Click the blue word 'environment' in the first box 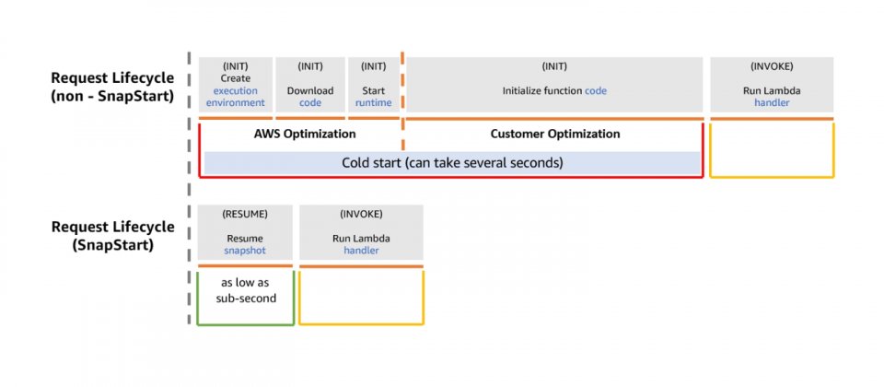(235, 102)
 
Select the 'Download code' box (310, 85)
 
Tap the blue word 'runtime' (373, 102)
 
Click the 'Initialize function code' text (554, 90)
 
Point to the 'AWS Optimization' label (305, 134)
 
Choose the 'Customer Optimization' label (555, 134)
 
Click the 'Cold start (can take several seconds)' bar (452, 163)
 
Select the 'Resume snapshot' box (245, 232)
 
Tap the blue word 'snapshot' (245, 251)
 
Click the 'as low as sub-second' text (246, 290)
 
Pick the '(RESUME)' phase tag (245, 215)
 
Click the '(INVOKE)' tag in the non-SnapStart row (772, 66)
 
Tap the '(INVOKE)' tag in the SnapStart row (361, 215)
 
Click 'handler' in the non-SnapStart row (772, 102)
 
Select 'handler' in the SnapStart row (361, 251)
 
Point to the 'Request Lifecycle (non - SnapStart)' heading (112, 87)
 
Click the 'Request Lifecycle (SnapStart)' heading (112, 236)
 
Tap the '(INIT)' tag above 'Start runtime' (373, 66)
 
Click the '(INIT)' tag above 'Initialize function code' (554, 66)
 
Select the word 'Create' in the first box (235, 78)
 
